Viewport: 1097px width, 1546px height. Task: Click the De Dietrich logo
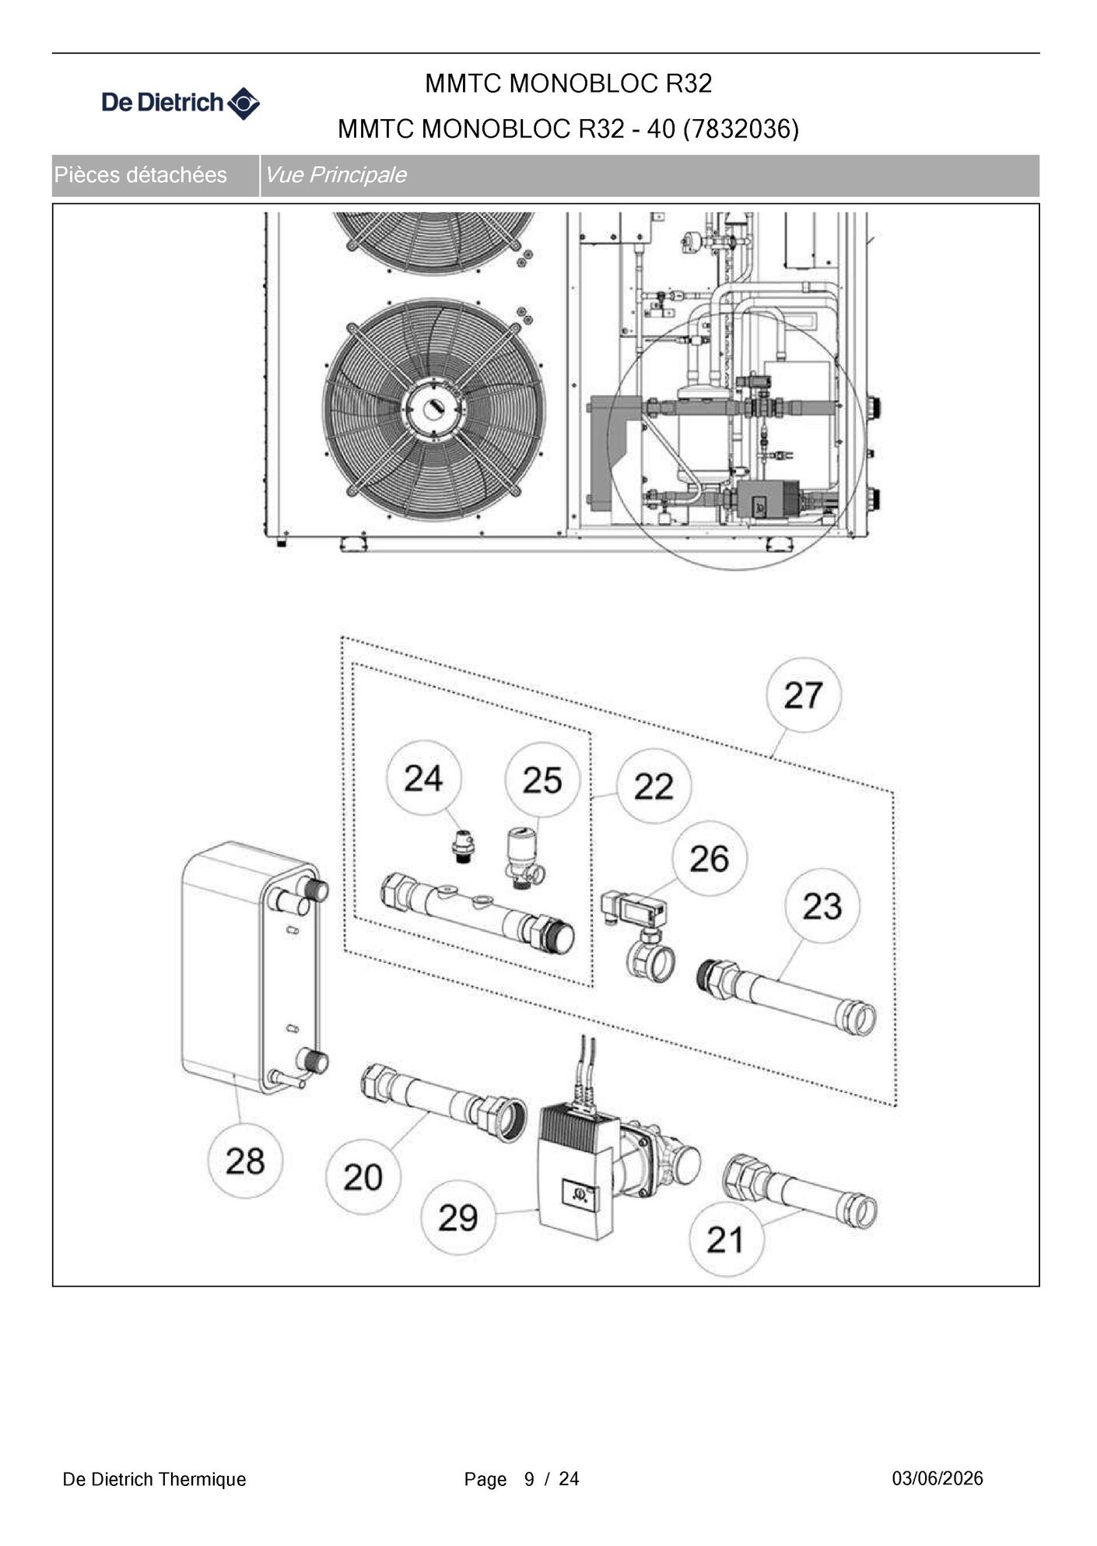click(x=180, y=103)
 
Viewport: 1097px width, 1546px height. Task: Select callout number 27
click(x=803, y=695)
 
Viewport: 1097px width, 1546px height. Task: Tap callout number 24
click(x=423, y=778)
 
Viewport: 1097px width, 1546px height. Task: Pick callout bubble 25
click(x=542, y=780)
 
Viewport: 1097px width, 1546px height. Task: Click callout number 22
click(x=654, y=786)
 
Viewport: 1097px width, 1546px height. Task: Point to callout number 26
click(x=709, y=859)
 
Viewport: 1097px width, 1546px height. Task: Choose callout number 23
click(x=822, y=906)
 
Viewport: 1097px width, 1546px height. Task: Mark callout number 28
click(x=245, y=1161)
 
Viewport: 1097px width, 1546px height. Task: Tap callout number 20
click(x=363, y=1177)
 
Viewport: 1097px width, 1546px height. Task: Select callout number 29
click(x=457, y=1217)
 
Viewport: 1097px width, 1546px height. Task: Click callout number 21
click(x=726, y=1239)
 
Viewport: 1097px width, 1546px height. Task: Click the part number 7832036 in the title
click(x=741, y=128)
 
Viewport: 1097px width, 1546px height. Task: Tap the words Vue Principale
click(x=336, y=174)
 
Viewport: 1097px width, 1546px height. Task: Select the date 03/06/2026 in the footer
click(x=938, y=1478)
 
